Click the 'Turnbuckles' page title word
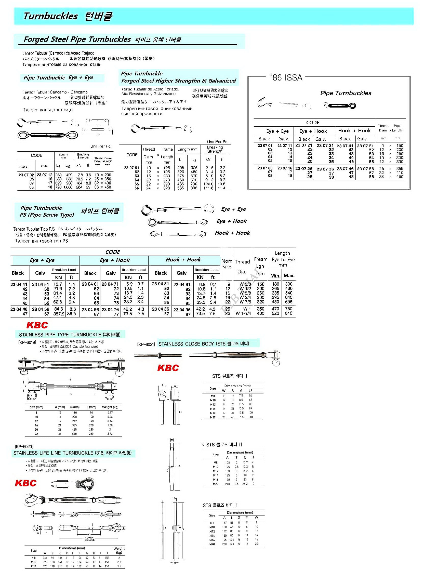50,16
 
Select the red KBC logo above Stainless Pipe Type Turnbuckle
37,325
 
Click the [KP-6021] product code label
146,344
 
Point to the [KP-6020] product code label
24,446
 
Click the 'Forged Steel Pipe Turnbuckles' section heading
77,39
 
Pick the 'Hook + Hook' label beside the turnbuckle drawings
232,233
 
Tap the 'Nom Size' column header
227,264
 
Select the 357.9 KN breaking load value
58,314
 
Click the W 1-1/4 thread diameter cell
243,313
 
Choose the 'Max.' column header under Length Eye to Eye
289,275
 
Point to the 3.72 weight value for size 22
110,434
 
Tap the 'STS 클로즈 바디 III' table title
221,505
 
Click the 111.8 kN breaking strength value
208,188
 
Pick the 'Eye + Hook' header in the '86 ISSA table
313,131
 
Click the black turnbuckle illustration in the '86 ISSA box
340,105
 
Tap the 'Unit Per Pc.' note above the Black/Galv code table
101,146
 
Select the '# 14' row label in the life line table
33,566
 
